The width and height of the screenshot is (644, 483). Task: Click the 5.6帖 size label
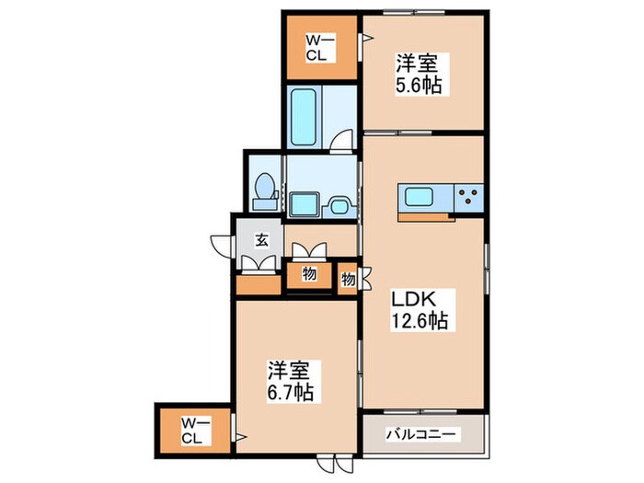tap(419, 86)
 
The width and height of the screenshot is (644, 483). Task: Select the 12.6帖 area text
tap(420, 322)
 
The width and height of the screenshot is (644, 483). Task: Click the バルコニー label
tap(420, 432)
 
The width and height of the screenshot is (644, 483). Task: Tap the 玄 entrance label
tap(262, 241)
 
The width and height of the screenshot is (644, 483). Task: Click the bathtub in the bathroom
tap(304, 117)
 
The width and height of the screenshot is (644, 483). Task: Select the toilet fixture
tap(265, 188)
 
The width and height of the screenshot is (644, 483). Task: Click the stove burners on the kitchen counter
tap(469, 196)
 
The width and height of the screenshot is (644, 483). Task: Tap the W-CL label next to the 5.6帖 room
tap(318, 48)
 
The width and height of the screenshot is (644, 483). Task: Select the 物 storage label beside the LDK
tap(348, 278)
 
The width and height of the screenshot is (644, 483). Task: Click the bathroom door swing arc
tap(341, 141)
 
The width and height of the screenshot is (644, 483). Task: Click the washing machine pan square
tap(303, 204)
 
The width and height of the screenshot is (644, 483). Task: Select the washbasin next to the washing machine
tap(336, 204)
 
